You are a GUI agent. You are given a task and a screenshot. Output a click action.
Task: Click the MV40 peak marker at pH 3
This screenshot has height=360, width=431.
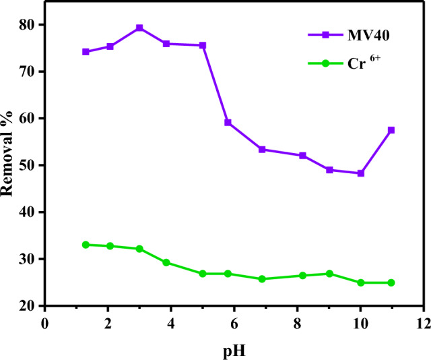tap(139, 28)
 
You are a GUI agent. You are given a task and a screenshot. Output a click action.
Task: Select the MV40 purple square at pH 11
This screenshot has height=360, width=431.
tap(391, 130)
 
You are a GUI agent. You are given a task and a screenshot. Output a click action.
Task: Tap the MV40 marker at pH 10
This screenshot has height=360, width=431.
tap(360, 173)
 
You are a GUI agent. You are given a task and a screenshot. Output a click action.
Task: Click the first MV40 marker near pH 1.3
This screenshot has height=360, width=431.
tap(86, 52)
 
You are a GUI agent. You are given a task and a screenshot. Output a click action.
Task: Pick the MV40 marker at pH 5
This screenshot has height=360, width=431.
tap(203, 45)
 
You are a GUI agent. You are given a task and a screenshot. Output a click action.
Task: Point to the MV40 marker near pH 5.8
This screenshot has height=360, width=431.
tap(228, 123)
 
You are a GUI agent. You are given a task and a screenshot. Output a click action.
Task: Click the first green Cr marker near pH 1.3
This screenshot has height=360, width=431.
tap(86, 245)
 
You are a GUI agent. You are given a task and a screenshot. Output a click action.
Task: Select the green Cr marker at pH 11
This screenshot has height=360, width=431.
tap(391, 282)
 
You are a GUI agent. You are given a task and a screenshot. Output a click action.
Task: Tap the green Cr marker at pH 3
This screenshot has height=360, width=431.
tap(139, 249)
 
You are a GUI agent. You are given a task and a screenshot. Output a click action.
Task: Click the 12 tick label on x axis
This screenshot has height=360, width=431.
tap(423, 323)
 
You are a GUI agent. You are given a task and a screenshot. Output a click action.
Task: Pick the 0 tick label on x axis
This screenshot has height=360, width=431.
tap(45, 323)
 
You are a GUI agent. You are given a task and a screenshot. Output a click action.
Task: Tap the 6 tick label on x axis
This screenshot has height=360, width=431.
tap(234, 323)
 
